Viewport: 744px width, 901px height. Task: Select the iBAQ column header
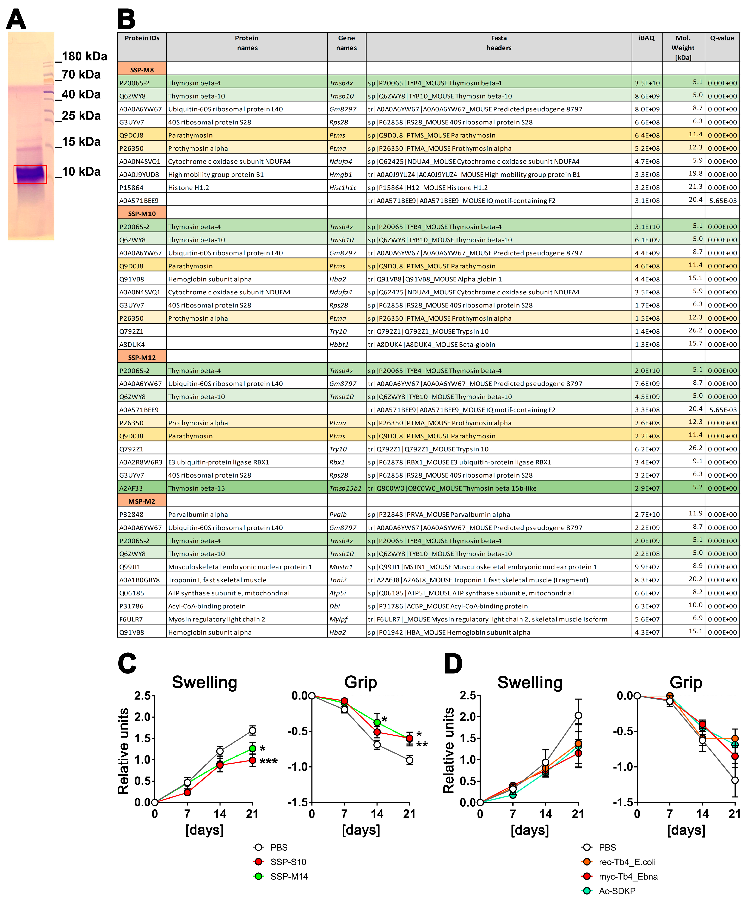[646, 38]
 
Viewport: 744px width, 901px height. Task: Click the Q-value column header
[722, 38]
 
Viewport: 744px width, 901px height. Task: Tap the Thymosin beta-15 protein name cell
[196, 488]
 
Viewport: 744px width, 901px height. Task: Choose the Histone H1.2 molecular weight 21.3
[697, 186]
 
